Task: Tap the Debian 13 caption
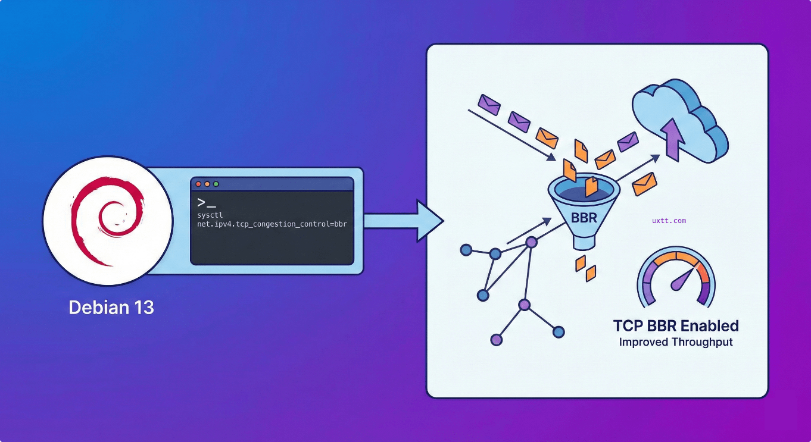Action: tap(111, 308)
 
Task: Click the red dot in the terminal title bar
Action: tap(199, 184)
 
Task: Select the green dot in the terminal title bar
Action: tap(216, 184)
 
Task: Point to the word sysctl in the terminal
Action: tap(210, 215)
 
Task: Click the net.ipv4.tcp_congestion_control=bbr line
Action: tap(272, 224)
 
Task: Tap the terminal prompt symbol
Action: tap(206, 202)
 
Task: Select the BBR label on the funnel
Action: tap(584, 217)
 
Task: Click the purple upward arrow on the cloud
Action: tap(672, 138)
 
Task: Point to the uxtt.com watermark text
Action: tap(669, 221)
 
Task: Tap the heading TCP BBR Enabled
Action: tap(676, 326)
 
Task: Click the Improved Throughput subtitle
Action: tap(676, 342)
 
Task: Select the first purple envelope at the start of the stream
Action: tap(490, 104)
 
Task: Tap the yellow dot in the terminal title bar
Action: tap(207, 184)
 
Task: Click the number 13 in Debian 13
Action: tap(142, 308)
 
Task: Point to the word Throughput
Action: tap(703, 342)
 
